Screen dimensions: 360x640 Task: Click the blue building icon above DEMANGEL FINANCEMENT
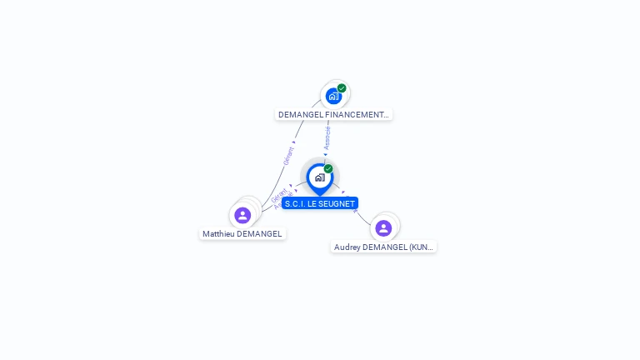(x=334, y=96)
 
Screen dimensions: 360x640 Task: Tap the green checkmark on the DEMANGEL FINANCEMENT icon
(x=342, y=87)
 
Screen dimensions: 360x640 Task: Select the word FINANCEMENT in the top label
(x=357, y=115)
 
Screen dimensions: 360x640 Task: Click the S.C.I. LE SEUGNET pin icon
(x=319, y=177)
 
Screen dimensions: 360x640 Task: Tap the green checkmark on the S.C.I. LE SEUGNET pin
(x=328, y=169)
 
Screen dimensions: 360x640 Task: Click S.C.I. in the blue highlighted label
(x=292, y=203)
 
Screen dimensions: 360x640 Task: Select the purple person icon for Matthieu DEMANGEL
(x=242, y=215)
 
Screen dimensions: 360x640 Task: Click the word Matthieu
(x=218, y=234)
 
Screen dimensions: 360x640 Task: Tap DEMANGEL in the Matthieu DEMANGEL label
(x=259, y=234)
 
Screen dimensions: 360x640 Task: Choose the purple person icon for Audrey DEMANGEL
(x=383, y=227)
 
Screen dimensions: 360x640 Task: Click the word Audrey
(x=347, y=247)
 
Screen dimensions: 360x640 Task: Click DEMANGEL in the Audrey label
(x=385, y=247)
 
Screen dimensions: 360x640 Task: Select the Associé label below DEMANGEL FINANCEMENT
(x=327, y=137)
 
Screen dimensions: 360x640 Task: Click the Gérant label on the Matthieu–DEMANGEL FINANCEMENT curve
(x=288, y=156)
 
